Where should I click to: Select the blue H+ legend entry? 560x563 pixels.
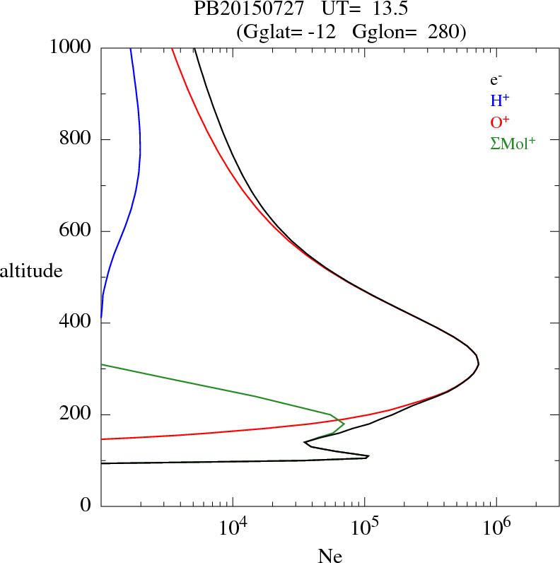(498, 101)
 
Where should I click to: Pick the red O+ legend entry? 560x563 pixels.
(499, 122)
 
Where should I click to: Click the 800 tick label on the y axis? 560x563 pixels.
(78, 139)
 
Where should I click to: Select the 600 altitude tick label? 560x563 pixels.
(78, 231)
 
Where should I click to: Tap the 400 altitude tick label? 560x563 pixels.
(78, 323)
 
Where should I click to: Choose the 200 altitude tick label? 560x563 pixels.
(78, 414)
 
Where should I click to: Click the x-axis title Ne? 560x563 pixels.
(330, 555)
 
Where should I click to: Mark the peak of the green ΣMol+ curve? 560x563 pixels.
(344, 424)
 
